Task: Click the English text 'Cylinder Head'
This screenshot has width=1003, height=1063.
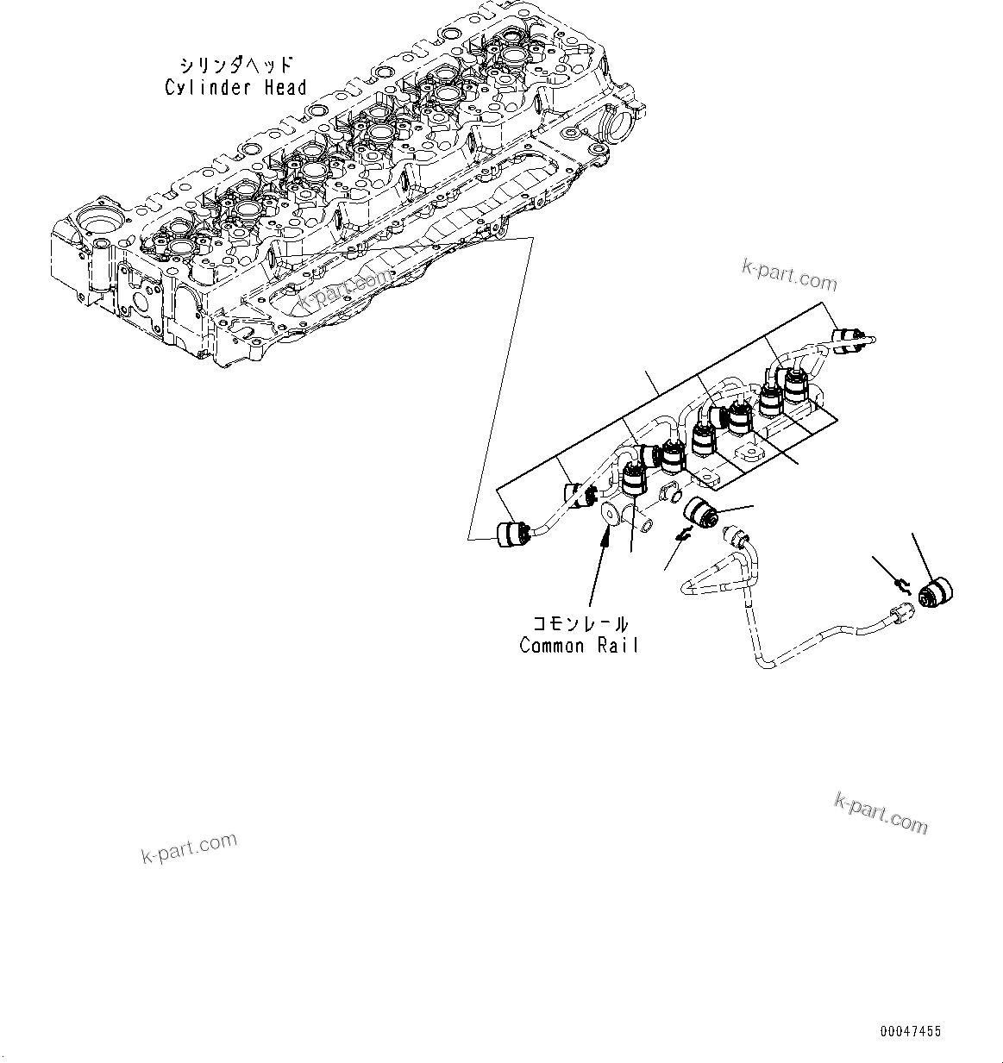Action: (x=235, y=87)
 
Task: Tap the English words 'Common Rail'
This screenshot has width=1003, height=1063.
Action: (x=579, y=645)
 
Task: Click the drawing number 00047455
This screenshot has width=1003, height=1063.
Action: (x=911, y=1031)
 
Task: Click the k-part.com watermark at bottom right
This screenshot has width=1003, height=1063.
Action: (x=881, y=813)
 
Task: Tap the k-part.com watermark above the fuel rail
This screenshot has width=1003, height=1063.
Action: (x=788, y=276)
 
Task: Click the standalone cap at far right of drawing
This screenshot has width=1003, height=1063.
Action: (x=937, y=594)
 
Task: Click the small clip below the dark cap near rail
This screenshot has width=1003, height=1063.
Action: (x=682, y=536)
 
